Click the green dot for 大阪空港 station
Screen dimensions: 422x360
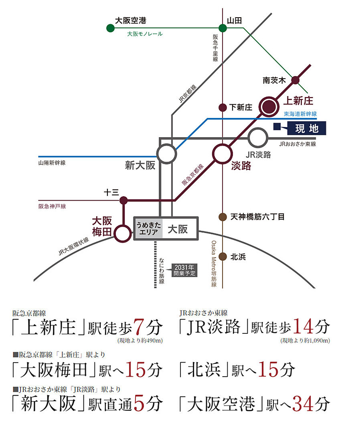click(x=110, y=28)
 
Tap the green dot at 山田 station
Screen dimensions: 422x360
click(x=222, y=28)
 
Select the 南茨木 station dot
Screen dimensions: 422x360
click(x=295, y=80)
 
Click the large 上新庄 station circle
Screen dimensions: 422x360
click(x=268, y=107)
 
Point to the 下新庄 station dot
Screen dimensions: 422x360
click(x=222, y=108)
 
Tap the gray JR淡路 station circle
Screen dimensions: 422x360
click(x=258, y=138)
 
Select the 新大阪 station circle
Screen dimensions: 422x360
click(x=166, y=154)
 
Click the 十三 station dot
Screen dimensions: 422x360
click(x=123, y=200)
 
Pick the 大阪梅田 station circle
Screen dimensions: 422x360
click(x=123, y=233)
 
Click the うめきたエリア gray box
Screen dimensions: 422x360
click(x=149, y=229)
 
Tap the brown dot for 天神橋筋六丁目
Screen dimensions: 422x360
click(x=222, y=217)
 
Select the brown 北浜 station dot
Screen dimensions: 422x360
click(x=222, y=257)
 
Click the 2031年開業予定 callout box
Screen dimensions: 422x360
click(x=184, y=270)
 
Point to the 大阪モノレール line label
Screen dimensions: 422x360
click(x=145, y=34)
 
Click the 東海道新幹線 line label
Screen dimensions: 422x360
click(x=300, y=114)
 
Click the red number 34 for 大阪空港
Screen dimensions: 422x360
click(x=305, y=404)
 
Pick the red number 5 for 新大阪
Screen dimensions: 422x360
click(x=138, y=404)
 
